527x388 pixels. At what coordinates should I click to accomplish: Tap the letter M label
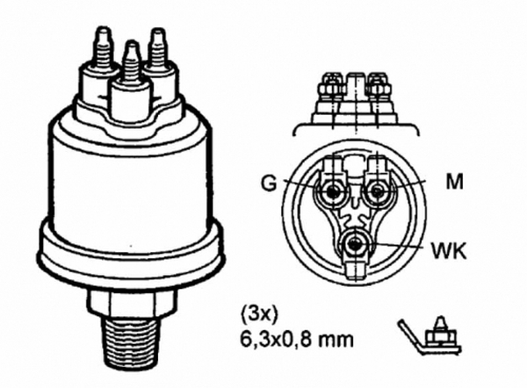[x=454, y=181]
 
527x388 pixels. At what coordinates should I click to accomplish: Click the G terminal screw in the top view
[x=332, y=191]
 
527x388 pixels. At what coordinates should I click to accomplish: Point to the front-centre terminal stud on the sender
[x=130, y=70]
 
